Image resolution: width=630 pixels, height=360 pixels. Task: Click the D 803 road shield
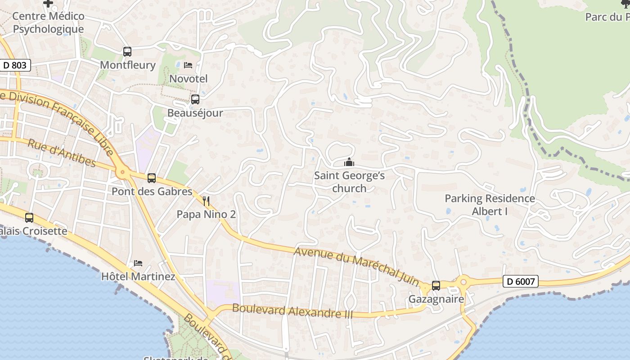click(15, 65)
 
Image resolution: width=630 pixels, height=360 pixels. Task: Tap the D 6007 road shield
click(520, 282)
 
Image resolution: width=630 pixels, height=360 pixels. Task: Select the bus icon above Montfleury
click(127, 52)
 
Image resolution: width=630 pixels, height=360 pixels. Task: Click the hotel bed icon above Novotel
click(188, 65)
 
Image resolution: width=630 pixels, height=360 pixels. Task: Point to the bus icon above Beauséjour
click(195, 99)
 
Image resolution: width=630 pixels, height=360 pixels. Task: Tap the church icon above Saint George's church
click(349, 162)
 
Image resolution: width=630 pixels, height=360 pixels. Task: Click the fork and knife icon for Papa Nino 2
click(206, 201)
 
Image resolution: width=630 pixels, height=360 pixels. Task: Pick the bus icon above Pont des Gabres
click(152, 178)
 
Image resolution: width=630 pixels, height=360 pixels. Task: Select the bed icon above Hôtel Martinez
click(138, 263)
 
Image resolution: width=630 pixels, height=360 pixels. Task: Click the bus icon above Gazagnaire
click(436, 286)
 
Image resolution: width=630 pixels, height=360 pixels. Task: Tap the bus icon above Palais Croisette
click(29, 218)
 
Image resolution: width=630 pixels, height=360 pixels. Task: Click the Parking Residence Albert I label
click(490, 205)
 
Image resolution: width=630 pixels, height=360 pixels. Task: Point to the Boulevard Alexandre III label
click(292, 311)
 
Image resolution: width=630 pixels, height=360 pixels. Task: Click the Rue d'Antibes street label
click(62, 153)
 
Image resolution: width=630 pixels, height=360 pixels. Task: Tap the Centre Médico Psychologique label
click(48, 22)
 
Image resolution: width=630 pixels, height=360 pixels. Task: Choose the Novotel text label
click(188, 79)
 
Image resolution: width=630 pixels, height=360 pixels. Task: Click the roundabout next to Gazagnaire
click(463, 282)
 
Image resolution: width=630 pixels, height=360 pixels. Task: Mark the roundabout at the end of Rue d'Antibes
click(122, 172)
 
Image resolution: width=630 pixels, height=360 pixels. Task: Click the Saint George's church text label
click(349, 182)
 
